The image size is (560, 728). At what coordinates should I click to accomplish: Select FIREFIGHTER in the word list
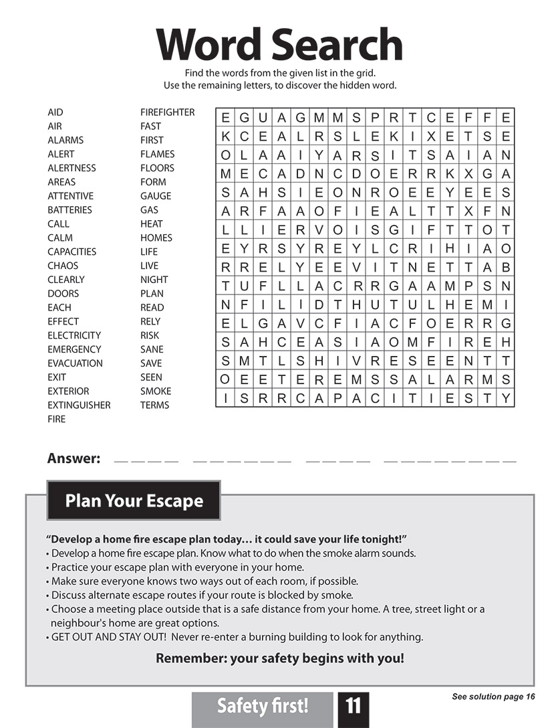[x=167, y=112]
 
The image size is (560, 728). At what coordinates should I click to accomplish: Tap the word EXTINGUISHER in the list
[x=79, y=405]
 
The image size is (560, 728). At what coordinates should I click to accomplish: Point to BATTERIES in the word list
[x=69, y=210]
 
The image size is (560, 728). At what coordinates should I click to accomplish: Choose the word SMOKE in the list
[x=156, y=391]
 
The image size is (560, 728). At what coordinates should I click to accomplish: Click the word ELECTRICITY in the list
[x=74, y=335]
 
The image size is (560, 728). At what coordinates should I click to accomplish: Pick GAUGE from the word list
[x=156, y=196]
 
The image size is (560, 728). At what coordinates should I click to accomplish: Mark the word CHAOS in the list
[x=63, y=266]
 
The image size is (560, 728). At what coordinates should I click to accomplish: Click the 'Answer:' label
[x=74, y=459]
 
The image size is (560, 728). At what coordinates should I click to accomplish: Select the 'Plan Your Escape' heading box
[x=134, y=500]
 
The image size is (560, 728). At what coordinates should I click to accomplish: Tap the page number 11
[x=353, y=706]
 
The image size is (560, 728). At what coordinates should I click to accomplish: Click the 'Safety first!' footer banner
[x=262, y=706]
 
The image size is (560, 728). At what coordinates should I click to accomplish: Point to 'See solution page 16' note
[x=493, y=697]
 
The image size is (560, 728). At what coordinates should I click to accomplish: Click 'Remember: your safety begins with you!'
[x=279, y=658]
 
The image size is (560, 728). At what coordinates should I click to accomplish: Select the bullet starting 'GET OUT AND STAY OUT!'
[x=237, y=637]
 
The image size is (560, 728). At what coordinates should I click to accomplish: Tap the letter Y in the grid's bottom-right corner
[x=505, y=399]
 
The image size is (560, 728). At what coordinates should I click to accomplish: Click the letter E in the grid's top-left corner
[x=225, y=118]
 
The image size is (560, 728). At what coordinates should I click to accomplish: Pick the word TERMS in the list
[x=154, y=405]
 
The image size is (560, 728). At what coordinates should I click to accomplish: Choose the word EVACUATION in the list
[x=75, y=363]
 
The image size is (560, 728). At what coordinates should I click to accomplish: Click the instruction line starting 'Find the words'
[x=279, y=73]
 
